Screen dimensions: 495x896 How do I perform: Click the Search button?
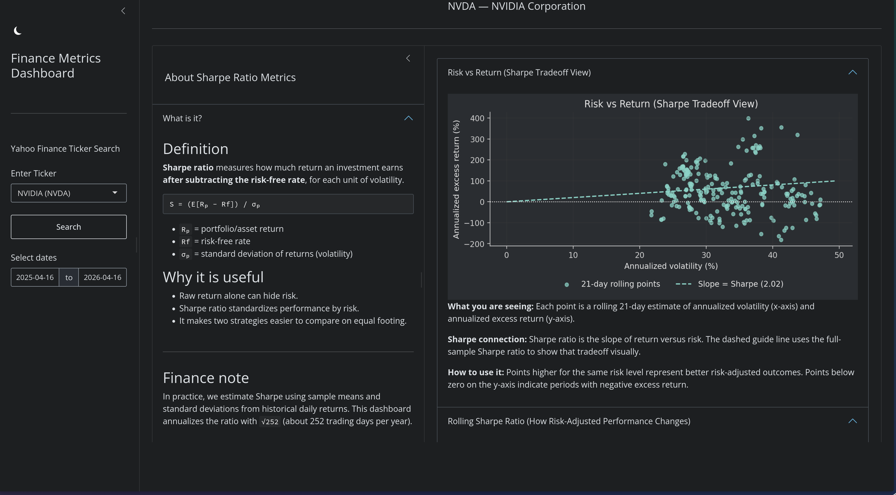pos(69,227)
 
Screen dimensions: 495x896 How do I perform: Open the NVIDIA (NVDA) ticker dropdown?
pos(69,193)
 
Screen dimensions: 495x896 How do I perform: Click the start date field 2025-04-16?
pos(35,277)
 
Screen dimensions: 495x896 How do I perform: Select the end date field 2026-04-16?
pos(102,277)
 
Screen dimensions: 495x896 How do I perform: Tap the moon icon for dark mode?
pos(18,31)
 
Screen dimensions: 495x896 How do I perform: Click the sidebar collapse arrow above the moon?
pos(123,11)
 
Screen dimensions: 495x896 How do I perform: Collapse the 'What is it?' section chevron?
pos(408,118)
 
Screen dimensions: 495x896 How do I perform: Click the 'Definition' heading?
pos(196,149)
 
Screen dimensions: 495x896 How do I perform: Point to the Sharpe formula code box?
pos(288,204)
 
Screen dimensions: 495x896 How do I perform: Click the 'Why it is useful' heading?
pos(213,277)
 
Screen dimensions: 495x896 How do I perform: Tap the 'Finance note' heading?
pos(206,378)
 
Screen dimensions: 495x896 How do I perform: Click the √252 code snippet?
pos(269,422)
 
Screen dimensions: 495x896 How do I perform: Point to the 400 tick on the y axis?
pos(477,118)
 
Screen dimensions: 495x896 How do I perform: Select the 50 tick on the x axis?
pos(839,255)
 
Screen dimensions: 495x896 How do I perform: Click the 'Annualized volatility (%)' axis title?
pos(671,266)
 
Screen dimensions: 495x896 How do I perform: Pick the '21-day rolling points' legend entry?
pos(620,284)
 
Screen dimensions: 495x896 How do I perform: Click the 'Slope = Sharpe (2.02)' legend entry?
pos(740,284)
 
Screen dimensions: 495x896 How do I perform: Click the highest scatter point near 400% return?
pos(748,118)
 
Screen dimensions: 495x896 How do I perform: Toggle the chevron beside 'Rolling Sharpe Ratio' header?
pos(852,421)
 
